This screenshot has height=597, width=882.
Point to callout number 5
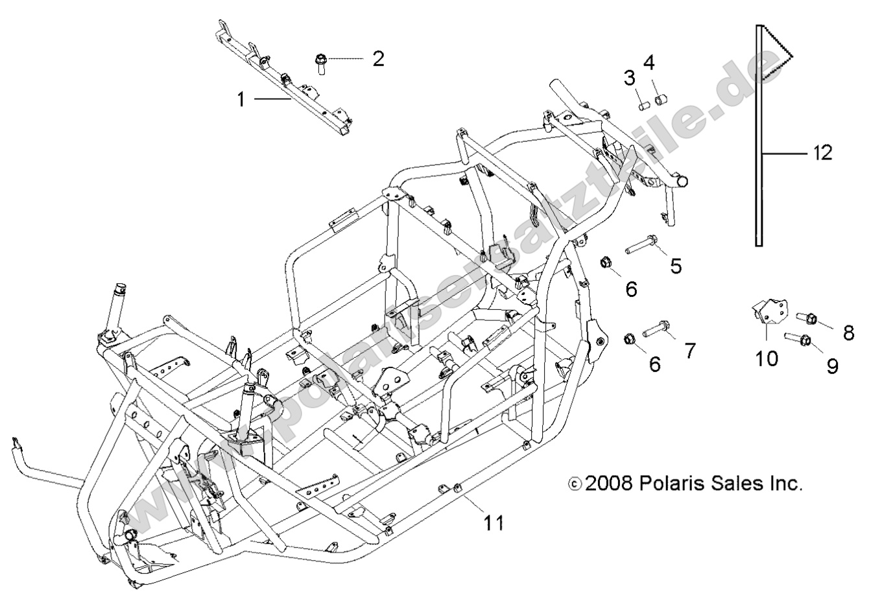[676, 266]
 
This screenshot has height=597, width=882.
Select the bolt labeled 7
[658, 329]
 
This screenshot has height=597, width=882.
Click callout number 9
[832, 366]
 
